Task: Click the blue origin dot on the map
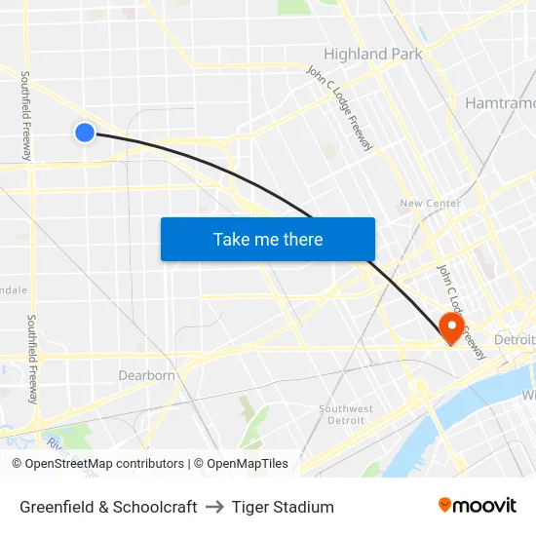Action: click(x=85, y=132)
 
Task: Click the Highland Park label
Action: click(x=373, y=55)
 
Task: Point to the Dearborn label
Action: click(x=146, y=375)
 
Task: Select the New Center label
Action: click(x=430, y=204)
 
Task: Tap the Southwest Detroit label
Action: click(x=346, y=414)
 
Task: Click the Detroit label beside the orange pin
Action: click(x=515, y=339)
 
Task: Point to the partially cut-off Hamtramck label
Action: click(x=499, y=102)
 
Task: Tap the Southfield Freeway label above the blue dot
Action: click(x=26, y=115)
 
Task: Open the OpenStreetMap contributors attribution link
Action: click(x=104, y=464)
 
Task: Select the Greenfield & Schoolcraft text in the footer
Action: click(x=108, y=507)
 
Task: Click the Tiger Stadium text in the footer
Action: click(x=283, y=507)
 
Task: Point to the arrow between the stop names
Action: click(x=214, y=507)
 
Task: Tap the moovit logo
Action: click(x=478, y=505)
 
